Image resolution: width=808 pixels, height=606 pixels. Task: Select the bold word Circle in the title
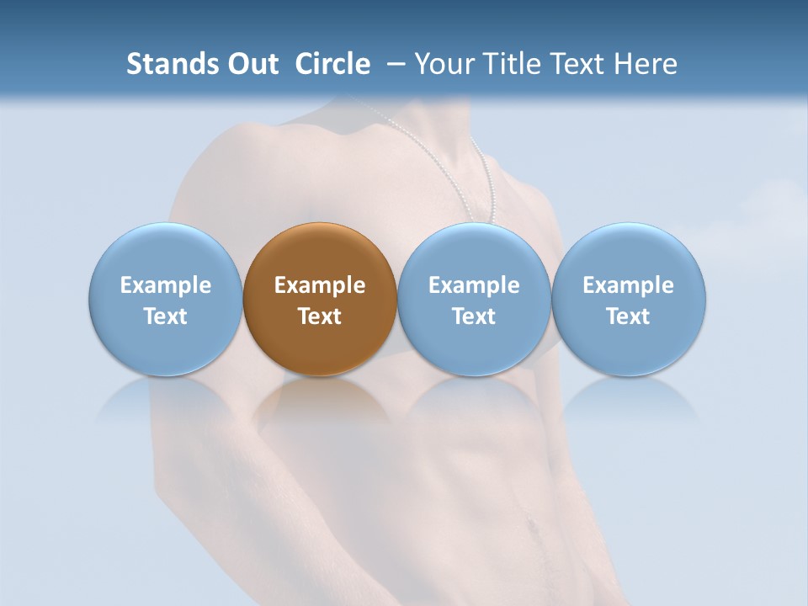(x=332, y=64)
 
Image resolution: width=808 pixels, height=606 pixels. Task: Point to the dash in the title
(x=393, y=65)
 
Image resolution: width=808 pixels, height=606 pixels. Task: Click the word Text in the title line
(x=575, y=64)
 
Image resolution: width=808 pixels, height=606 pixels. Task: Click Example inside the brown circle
(x=320, y=285)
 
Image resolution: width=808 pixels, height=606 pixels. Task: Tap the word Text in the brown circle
(x=320, y=316)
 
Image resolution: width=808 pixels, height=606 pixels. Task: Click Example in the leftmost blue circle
(x=166, y=285)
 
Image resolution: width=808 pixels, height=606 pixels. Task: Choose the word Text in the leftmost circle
(x=166, y=316)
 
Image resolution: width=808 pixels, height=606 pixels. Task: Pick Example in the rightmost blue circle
(x=628, y=285)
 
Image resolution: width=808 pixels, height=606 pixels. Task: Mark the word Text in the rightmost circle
(x=628, y=316)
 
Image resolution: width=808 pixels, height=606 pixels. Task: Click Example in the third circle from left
(x=474, y=285)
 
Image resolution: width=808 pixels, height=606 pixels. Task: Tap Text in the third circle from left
(x=474, y=316)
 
